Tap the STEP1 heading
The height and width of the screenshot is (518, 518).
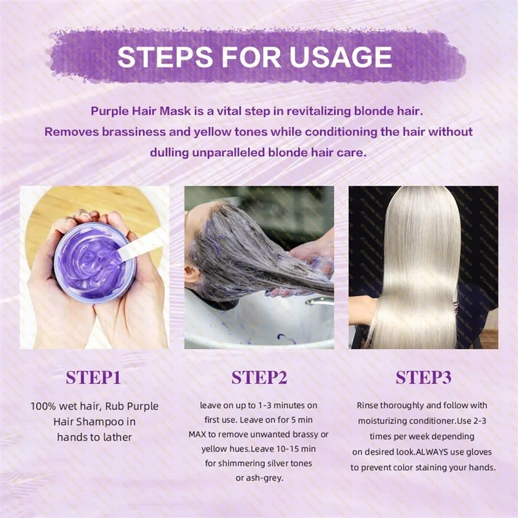94,377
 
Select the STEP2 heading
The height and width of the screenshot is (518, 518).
259,377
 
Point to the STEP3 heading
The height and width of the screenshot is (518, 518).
423,377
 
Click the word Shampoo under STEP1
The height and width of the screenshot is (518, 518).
106,422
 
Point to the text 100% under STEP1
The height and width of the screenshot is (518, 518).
45,407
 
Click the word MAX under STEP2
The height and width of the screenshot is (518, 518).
197,434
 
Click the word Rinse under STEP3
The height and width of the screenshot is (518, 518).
369,405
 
